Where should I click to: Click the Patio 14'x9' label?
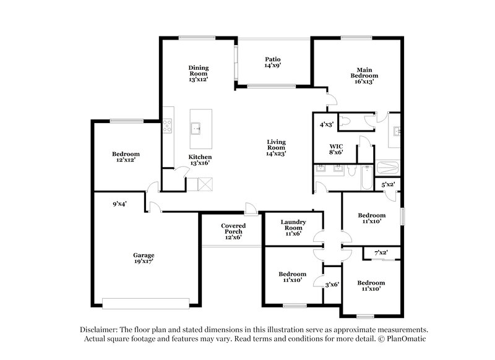pyautogui.click(x=273, y=62)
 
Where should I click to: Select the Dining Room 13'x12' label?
pyautogui.click(x=198, y=73)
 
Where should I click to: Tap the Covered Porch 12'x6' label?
pyautogui.click(x=233, y=231)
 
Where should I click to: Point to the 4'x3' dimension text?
pyautogui.click(x=326, y=124)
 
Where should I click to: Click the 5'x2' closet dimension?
pyautogui.click(x=388, y=184)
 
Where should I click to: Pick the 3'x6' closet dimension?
pyautogui.click(x=332, y=285)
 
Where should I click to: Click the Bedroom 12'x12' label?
pyautogui.click(x=126, y=157)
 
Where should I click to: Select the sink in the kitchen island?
pyautogui.click(x=197, y=128)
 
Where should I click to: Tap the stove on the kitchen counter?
pyautogui.click(x=167, y=127)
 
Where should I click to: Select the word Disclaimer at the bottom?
pyautogui.click(x=101, y=330)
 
